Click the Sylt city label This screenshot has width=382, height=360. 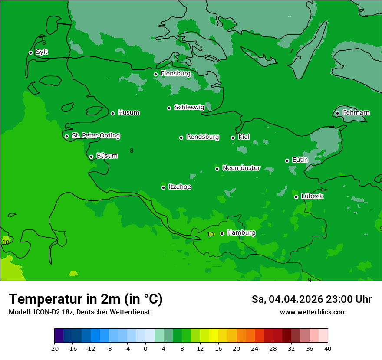[x=42, y=52]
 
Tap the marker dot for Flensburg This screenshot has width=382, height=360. [x=155, y=74]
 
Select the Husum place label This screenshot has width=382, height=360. [x=128, y=113]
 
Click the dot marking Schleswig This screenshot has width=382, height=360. [x=169, y=108]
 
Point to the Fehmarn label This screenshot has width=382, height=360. [x=356, y=113]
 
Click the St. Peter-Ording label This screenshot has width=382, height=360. [x=95, y=136]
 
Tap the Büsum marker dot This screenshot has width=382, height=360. [x=91, y=157]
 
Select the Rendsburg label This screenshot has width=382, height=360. [x=203, y=137]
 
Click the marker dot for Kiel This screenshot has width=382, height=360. [x=233, y=137]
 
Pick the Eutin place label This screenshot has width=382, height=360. [x=300, y=160]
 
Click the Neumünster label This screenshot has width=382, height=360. [x=241, y=168]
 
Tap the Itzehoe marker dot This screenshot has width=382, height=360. [x=163, y=187]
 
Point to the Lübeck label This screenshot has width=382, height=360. [x=312, y=196]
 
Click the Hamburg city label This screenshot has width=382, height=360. [x=241, y=233]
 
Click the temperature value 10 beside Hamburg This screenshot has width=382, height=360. [x=210, y=234]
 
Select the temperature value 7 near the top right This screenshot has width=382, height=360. [x=291, y=51]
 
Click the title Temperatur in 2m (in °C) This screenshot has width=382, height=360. [x=86, y=299]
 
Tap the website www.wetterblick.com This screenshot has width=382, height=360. [x=313, y=312]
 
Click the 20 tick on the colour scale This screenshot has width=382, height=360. [x=236, y=349]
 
